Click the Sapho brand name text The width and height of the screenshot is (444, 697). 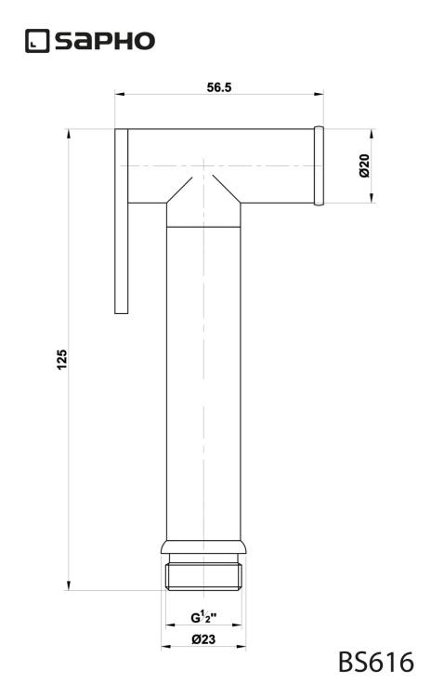tap(105, 41)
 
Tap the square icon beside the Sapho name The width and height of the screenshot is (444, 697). tap(37, 41)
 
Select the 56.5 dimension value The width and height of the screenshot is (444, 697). tap(219, 87)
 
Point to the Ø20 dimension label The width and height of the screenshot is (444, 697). tap(364, 165)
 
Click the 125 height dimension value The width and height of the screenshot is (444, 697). tap(62, 359)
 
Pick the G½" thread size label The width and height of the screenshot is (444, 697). tap(203, 617)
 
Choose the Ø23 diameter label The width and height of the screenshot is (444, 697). tap(203, 639)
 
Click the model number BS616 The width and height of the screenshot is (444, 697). tap(376, 662)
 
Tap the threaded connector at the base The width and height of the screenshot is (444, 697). tap(203, 577)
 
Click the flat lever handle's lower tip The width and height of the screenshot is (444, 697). tap(122, 313)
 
